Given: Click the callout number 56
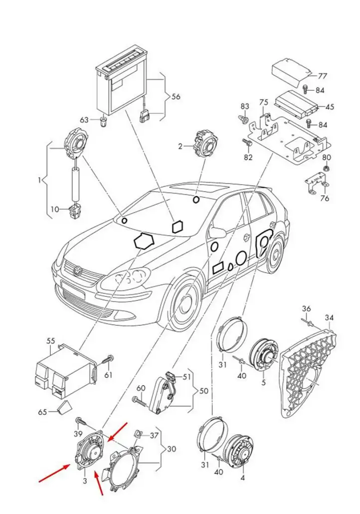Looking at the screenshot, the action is (176, 97).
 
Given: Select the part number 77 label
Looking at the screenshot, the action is (322, 76).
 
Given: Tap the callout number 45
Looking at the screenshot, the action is (330, 107).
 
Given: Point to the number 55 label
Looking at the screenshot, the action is (51, 341).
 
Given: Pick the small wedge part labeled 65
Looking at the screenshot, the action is (64, 408).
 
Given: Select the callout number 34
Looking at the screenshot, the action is (329, 317).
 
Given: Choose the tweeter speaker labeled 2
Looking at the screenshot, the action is (204, 144).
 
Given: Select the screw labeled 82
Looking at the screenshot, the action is (247, 143).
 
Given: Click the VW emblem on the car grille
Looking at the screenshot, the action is (78, 270).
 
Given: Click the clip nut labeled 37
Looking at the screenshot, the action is (139, 435).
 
